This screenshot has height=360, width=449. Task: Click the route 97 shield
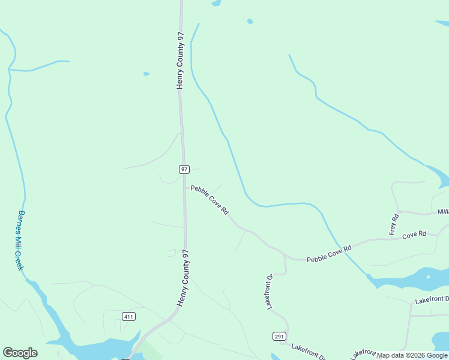(184, 169)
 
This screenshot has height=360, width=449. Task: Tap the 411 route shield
(128, 316)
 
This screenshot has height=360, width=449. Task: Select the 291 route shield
(279, 336)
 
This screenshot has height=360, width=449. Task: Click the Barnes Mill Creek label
(20, 240)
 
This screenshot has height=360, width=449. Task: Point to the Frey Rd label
(394, 224)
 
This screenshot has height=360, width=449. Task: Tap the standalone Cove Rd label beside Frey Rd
(414, 234)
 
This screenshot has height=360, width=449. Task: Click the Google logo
(20, 353)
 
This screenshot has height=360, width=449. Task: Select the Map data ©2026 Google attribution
(412, 355)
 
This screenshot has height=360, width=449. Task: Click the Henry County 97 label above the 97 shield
(179, 61)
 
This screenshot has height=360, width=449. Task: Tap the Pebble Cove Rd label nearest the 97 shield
(209, 200)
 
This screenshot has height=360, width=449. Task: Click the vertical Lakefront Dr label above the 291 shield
(270, 292)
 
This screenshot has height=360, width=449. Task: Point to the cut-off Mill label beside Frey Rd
(443, 212)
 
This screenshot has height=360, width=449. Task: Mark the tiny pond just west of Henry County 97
(146, 74)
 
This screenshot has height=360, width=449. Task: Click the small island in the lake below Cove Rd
(428, 277)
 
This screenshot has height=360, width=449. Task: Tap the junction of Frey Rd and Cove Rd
(393, 239)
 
